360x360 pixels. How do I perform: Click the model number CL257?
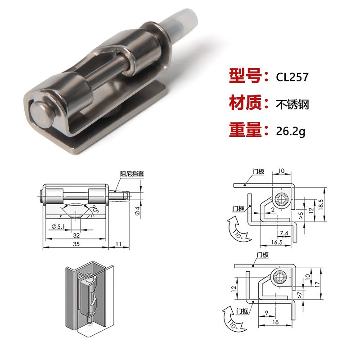292,76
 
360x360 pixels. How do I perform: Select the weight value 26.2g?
291,131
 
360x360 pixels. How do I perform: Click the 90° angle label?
95,208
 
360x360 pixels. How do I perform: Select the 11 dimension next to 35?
118,243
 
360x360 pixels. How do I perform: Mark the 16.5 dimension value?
277,242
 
